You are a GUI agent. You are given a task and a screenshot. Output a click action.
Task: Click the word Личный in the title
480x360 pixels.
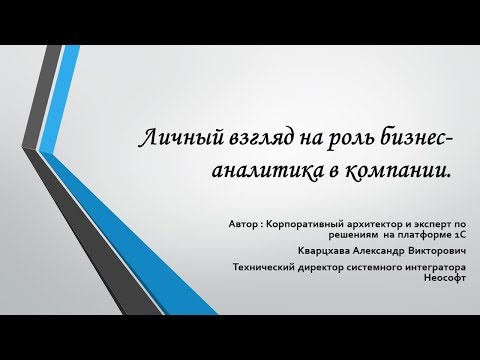tap(172, 141)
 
